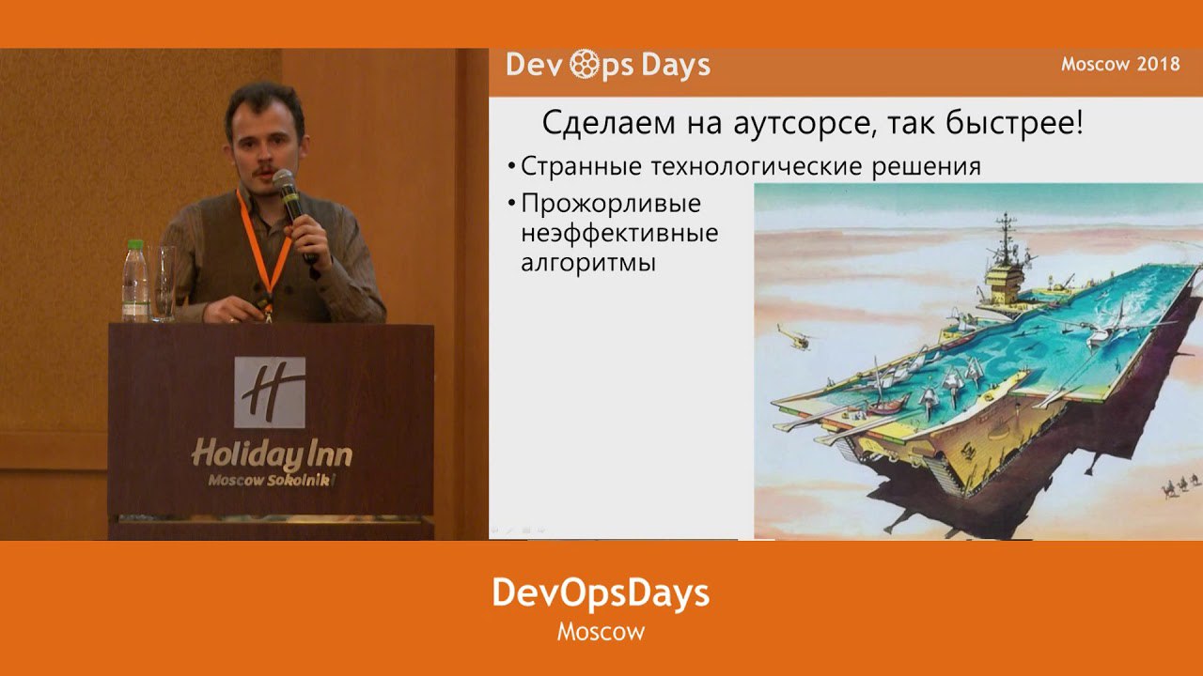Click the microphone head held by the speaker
click(283, 179)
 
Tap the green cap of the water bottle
click(135, 245)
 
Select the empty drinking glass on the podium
click(162, 284)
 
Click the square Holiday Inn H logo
click(270, 392)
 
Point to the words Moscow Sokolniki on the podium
click(272, 480)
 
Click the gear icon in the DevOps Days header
click(584, 65)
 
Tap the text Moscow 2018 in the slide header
click(1120, 65)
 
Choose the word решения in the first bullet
click(926, 167)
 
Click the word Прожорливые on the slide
click(611, 204)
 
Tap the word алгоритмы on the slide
click(588, 264)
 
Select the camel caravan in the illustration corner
click(1182, 485)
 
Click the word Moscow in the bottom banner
click(601, 632)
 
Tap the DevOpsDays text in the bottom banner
click(601, 593)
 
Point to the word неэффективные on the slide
click(619, 234)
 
